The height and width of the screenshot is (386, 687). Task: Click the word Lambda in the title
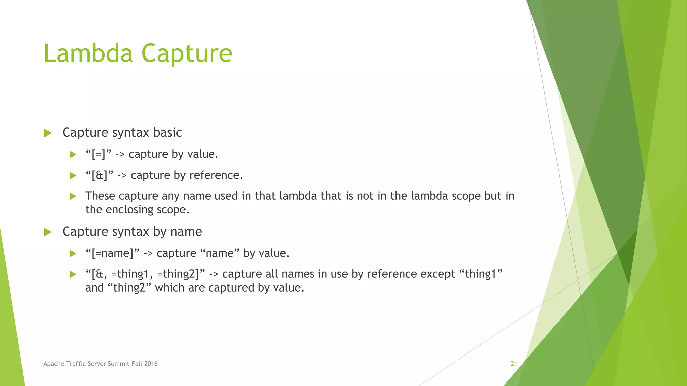88,53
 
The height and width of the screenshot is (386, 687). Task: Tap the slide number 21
514,364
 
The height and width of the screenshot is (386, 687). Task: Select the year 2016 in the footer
151,364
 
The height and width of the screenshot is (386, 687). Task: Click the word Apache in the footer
53,364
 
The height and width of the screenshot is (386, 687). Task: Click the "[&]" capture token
99,175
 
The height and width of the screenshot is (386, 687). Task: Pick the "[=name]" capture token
112,253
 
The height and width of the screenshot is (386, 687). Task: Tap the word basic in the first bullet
167,133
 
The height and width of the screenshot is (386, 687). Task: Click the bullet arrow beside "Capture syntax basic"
48,133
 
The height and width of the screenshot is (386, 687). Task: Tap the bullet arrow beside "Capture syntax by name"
48,232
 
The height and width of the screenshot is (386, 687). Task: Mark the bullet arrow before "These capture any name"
73,196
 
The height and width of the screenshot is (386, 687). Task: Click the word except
438,274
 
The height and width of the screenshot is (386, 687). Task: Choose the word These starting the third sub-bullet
100,196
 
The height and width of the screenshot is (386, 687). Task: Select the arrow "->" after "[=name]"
148,253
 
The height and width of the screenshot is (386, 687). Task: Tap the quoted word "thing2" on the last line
129,288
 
